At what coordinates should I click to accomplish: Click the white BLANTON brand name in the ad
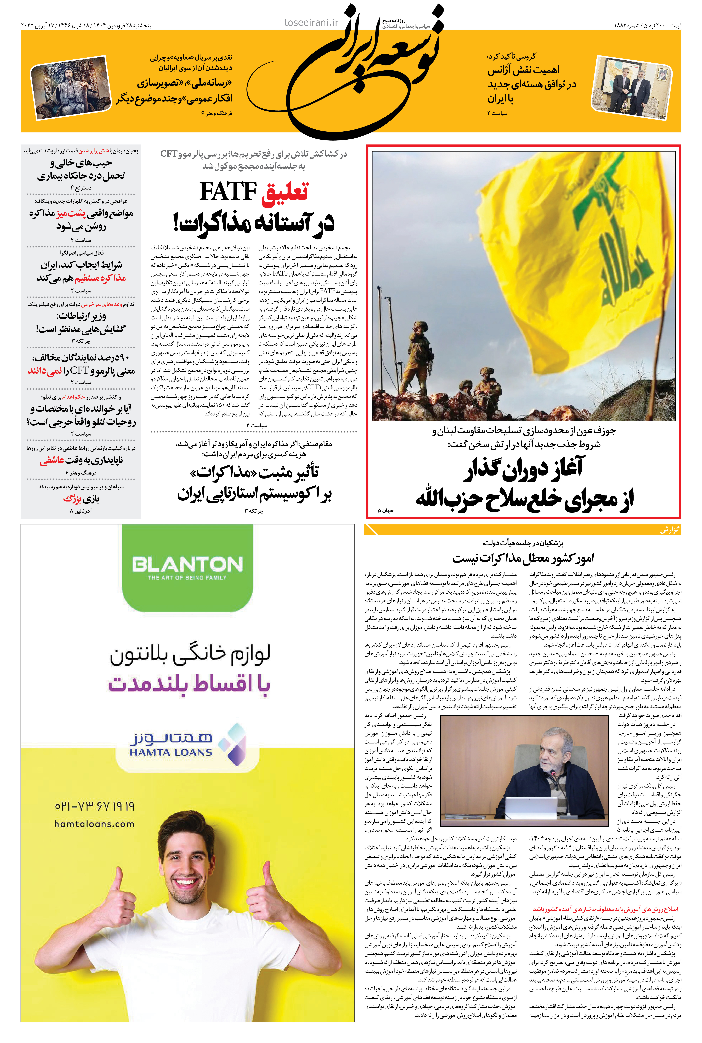[187, 564]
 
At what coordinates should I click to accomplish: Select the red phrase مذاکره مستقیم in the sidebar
[100, 278]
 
